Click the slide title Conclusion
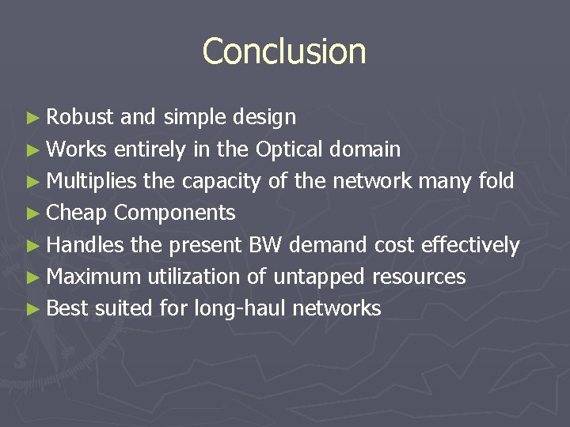(284, 51)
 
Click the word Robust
(81, 118)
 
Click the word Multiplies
(91, 181)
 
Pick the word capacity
(220, 182)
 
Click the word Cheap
(77, 213)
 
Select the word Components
(175, 213)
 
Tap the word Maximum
(93, 277)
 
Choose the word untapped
(319, 278)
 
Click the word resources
(419, 277)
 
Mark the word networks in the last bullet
(337, 308)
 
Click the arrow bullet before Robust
(32, 119)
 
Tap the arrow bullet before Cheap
(32, 213)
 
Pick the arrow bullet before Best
(32, 308)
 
